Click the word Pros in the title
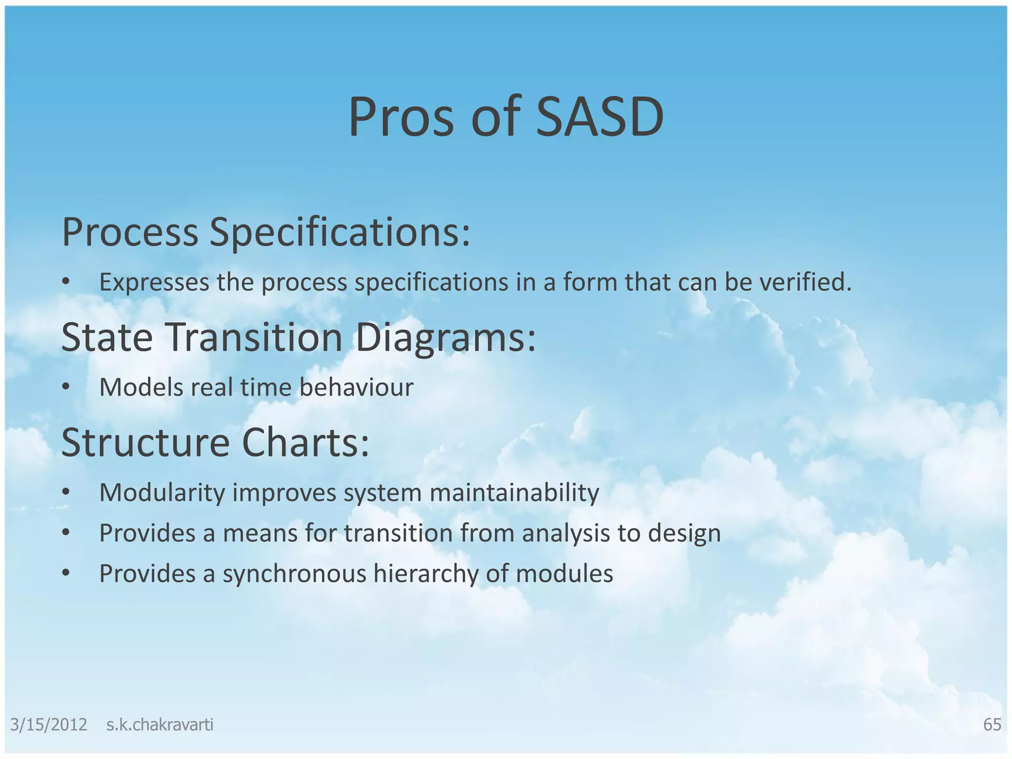click(401, 118)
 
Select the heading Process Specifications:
click(266, 232)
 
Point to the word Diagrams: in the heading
click(445, 337)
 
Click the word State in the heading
click(107, 337)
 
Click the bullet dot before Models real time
click(66, 388)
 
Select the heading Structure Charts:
click(215, 442)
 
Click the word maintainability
click(514, 493)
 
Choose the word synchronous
click(294, 574)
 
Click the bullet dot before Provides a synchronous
click(66, 574)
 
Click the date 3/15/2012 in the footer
click(48, 724)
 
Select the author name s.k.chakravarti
click(160, 724)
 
